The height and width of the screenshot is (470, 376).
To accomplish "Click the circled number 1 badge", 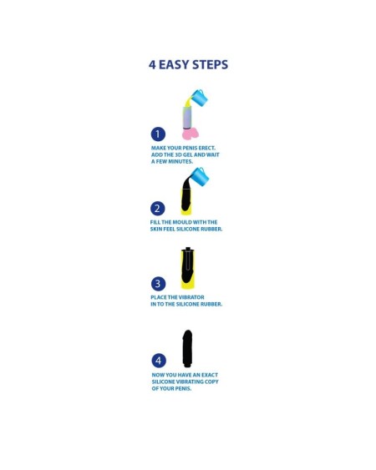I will [x=158, y=134].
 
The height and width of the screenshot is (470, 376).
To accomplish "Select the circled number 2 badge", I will [x=158, y=208].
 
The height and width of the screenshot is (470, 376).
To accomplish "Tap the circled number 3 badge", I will [x=158, y=283].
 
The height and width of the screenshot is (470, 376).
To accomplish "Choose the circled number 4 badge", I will [x=158, y=361].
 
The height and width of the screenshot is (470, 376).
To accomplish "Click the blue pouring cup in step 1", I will [x=199, y=98].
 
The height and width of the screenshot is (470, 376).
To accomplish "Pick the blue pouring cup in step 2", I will [x=201, y=176].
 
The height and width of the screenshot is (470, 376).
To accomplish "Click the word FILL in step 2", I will [x=156, y=222].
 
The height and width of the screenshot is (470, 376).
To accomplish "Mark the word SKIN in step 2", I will [x=156, y=229].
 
